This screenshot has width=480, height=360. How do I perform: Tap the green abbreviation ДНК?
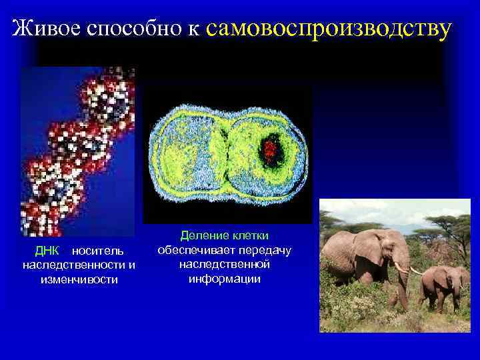[47, 251]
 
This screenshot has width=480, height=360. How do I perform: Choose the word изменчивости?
[79, 279]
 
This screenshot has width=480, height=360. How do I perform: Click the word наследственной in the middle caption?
[224, 264]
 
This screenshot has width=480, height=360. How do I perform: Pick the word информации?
[224, 278]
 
